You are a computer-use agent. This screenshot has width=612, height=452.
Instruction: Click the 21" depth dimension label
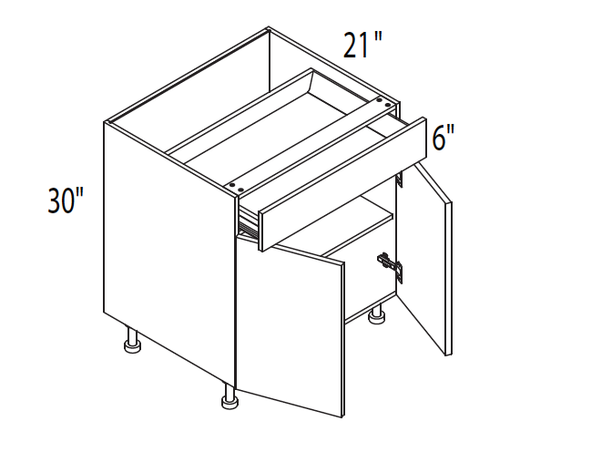[x=362, y=45]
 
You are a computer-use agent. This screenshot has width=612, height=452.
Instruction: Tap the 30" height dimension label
[x=66, y=200]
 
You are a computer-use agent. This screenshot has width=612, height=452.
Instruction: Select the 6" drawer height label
[x=444, y=138]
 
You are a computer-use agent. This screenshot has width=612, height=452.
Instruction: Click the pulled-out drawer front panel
[x=342, y=183]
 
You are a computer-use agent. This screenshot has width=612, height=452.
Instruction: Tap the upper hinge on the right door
[x=399, y=178]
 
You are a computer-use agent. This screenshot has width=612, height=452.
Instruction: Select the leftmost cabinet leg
[x=132, y=340]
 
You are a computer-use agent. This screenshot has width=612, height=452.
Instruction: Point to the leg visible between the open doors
[x=376, y=314]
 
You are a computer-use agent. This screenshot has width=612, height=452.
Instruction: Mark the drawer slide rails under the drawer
[x=249, y=224]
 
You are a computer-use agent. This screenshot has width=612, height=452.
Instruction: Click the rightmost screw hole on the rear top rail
[x=388, y=105]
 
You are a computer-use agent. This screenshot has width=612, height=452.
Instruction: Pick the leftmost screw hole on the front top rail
[x=232, y=184]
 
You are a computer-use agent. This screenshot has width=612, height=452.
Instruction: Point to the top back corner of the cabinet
[x=269, y=28]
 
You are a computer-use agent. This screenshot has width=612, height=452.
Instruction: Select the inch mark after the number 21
[x=377, y=37]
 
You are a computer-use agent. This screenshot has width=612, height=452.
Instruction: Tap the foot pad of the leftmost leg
[x=132, y=347]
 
